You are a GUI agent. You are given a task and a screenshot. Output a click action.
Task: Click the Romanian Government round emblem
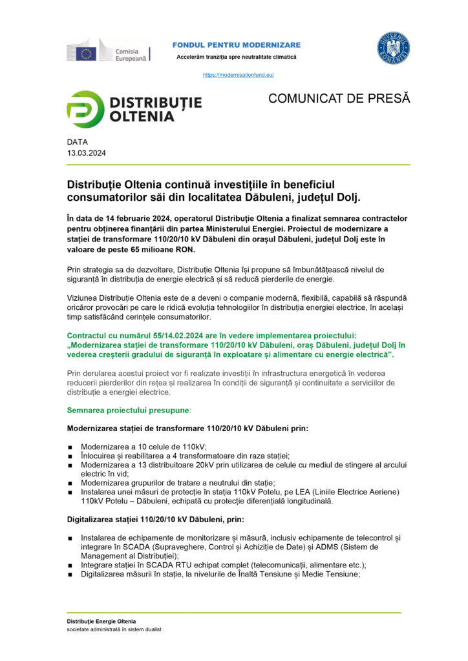394,48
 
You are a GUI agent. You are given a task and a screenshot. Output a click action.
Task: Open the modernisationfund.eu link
239,75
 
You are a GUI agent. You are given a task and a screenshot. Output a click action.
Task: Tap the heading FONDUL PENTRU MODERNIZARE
237,45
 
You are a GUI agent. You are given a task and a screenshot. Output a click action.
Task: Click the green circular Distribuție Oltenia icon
85,109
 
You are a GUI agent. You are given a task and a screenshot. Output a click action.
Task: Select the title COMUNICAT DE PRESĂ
339,98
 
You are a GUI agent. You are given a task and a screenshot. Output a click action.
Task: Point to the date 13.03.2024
87,154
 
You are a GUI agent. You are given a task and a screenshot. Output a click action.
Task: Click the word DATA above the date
78,142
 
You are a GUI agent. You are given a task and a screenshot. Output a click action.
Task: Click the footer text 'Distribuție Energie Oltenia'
101,621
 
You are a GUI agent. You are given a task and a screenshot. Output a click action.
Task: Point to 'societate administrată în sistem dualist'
114,629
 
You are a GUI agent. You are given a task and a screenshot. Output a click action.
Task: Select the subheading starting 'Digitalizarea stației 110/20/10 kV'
156,519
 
